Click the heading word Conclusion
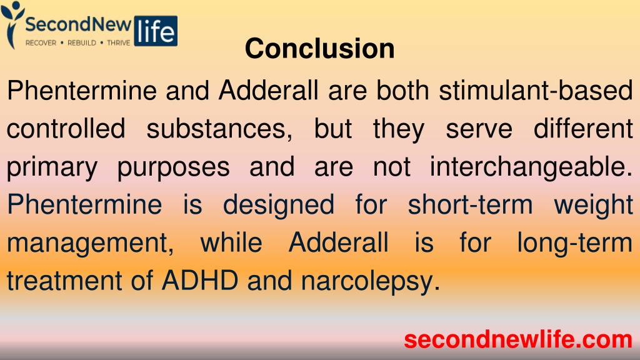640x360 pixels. (319, 49)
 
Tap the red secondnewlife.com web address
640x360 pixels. (518, 339)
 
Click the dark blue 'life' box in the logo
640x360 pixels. (156, 31)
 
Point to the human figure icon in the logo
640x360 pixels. (11, 24)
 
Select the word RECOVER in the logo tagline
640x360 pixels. (41, 43)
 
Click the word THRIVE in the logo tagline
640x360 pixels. (118, 43)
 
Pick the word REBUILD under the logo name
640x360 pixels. (82, 43)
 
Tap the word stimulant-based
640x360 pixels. (536, 90)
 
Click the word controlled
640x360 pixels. (66, 129)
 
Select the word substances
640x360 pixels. (219, 129)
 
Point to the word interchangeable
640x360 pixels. (531, 167)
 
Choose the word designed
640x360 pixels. (279, 206)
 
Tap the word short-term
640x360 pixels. (471, 204)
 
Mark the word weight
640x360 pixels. (593, 206)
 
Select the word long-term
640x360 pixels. (575, 244)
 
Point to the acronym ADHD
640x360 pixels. (200, 281)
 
